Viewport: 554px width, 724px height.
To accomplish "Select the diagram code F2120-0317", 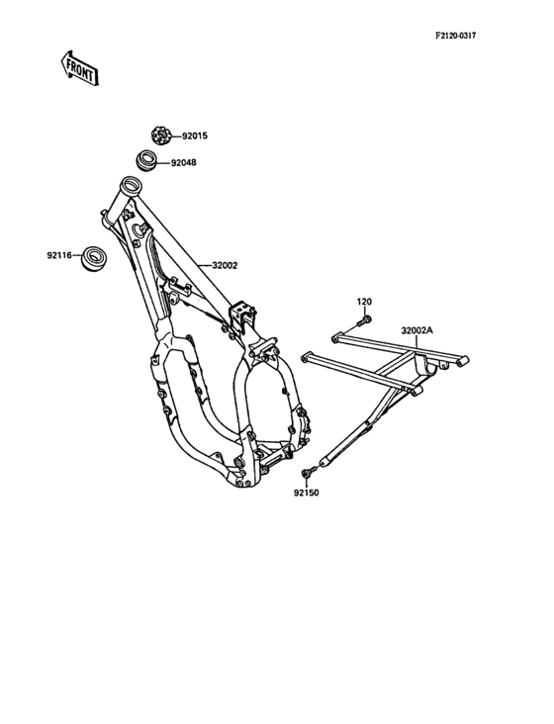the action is click(455, 36).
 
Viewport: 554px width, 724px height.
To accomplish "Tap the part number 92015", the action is click(195, 136).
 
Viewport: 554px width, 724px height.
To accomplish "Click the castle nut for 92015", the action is click(161, 136).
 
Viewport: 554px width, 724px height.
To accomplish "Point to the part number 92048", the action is click(183, 163).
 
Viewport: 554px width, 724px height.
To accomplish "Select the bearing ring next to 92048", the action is click(145, 160).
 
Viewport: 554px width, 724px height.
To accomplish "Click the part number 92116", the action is click(59, 255).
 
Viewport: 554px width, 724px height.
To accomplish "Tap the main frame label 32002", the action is click(225, 265).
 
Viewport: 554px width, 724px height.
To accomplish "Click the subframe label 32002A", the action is click(417, 330).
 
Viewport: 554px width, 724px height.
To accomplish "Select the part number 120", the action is click(364, 302).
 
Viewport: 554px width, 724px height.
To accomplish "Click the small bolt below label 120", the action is click(363, 320).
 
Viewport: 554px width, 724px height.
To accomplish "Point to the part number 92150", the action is click(306, 493).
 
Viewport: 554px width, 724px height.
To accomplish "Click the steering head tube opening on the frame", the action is click(131, 185).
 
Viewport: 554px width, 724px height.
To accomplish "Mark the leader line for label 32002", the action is click(204, 265).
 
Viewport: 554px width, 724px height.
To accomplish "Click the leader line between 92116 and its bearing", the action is click(76, 255).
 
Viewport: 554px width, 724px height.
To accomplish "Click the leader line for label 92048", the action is click(163, 163).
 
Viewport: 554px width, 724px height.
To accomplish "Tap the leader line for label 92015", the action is click(176, 136).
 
